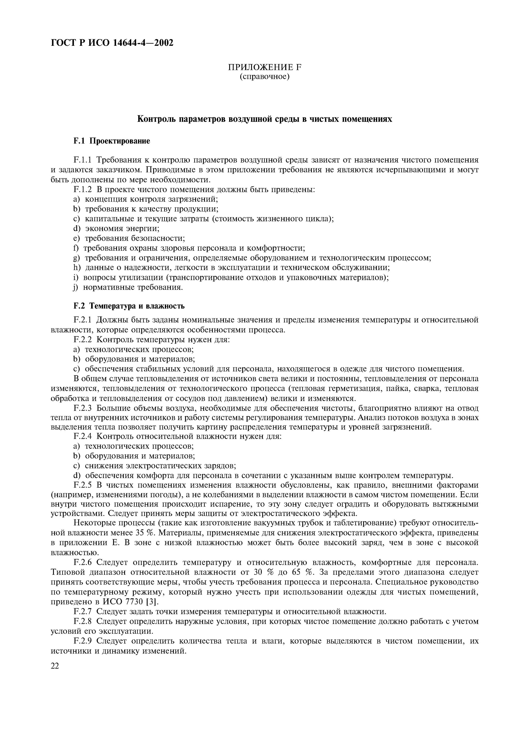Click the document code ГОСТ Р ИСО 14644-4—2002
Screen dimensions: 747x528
click(x=112, y=43)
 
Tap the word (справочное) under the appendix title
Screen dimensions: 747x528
click(x=264, y=77)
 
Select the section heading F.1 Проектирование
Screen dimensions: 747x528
click(x=112, y=141)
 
